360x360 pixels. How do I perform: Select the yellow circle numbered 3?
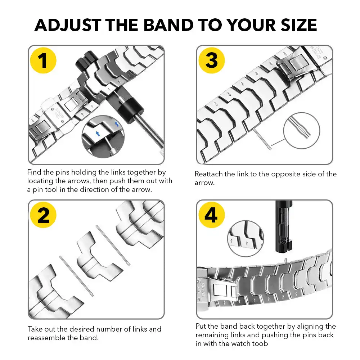tap(211, 60)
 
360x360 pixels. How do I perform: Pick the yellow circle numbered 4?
tap(211, 215)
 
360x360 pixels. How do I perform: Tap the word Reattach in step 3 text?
tap(208, 174)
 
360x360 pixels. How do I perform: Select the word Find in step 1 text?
tap(34, 172)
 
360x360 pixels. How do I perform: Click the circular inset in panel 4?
tap(246, 239)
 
